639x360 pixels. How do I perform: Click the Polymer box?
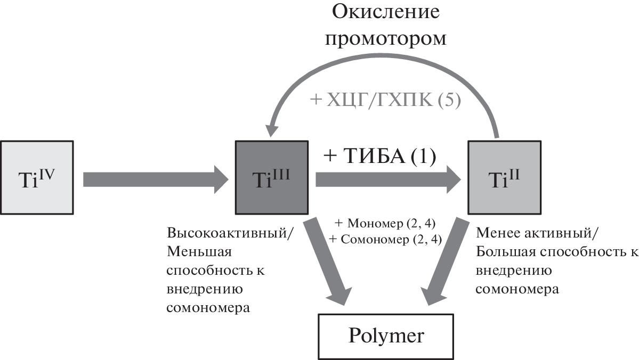[386, 336]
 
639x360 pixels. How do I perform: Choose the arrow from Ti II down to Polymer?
[448, 261]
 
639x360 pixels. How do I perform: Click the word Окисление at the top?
[386, 12]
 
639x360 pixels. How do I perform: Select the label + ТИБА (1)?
[379, 156]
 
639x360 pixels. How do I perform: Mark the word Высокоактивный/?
[230, 234]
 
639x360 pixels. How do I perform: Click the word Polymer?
[386, 336]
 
